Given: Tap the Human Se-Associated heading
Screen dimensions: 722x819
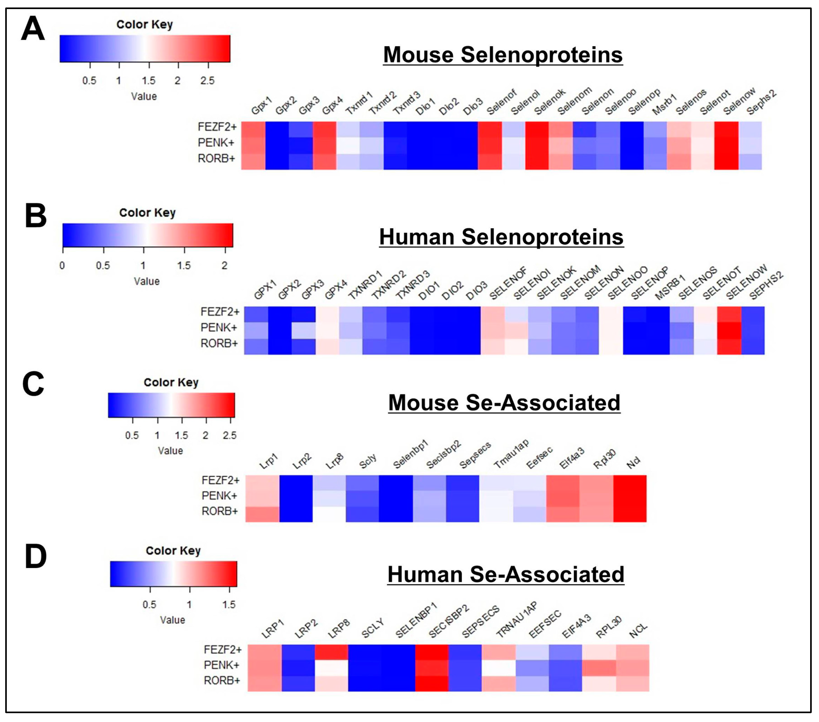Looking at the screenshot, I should pos(506,574).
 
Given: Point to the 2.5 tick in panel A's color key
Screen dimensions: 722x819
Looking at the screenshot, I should pos(207,80).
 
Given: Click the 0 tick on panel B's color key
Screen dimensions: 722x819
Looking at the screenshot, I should pos(62,266).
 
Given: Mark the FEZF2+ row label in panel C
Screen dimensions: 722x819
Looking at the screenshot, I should pos(220,480).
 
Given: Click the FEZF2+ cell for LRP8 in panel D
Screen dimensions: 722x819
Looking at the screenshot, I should pos(331,652).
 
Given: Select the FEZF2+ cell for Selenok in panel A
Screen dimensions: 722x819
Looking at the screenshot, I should pos(537,129).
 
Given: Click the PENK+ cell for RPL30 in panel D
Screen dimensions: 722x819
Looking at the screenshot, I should pos(599,668).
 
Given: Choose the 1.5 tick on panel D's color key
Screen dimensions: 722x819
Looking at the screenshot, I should pos(229,604).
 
